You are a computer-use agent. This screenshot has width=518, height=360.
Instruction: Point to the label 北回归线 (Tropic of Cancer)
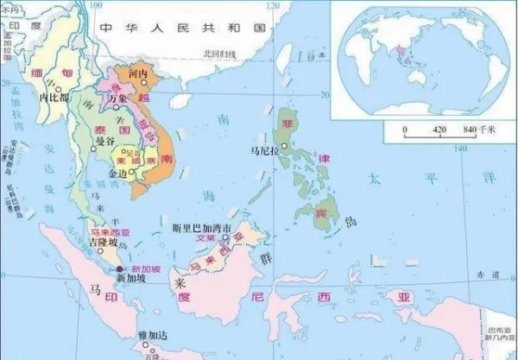click(x=219, y=54)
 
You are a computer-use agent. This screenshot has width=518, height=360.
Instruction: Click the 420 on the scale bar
click(x=440, y=129)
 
